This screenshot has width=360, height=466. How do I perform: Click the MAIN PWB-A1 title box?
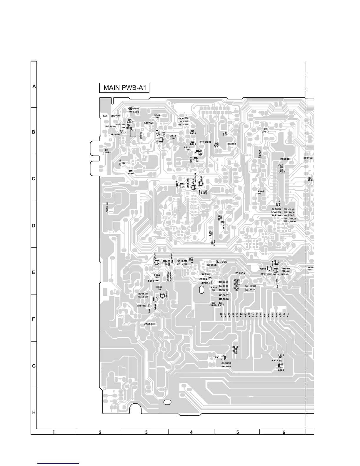coord(124,88)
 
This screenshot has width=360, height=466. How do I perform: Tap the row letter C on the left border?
coord(34,179)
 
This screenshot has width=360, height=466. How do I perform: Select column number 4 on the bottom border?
coord(191,432)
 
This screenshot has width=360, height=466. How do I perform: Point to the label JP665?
coord(222,262)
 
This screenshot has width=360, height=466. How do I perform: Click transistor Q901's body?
coord(223,357)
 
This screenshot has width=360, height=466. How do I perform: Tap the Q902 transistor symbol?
coord(281,366)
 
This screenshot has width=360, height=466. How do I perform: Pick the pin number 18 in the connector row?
coord(221,314)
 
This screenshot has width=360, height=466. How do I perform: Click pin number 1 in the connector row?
coord(288,314)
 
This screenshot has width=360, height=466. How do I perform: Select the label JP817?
coord(266,132)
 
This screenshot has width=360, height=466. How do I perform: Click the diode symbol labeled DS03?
coord(130,109)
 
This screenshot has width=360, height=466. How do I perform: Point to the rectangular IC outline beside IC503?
coord(133,133)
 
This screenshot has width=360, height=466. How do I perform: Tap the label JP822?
coord(107,152)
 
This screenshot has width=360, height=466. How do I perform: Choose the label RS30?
coord(131,174)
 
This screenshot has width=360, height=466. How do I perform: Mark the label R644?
coord(261,192)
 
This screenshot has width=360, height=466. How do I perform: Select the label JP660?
coord(292,221)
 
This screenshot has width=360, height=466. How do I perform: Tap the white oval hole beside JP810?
coord(201,290)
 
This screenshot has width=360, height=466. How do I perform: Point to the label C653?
coord(283,159)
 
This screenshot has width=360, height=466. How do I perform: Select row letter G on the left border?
coord(34,366)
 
